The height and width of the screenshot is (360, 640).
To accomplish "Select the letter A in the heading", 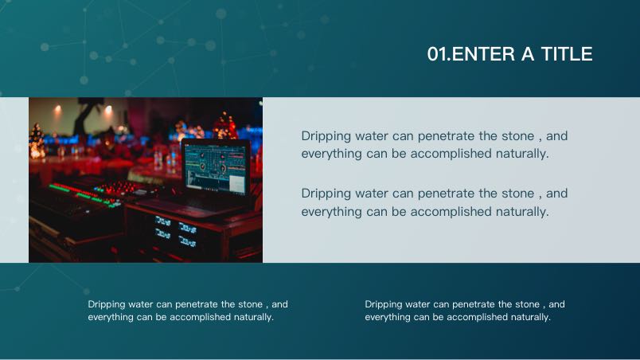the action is tap(528, 54).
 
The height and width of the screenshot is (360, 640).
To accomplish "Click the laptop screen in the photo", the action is tap(215, 167).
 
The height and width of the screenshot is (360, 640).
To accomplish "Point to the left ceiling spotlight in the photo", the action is tap(57, 108).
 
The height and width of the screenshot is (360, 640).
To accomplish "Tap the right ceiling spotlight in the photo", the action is tap(108, 109).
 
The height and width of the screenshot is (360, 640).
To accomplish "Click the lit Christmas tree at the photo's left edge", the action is tap(37, 141).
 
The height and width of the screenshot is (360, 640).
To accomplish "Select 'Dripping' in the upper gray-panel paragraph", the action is tap(326, 136).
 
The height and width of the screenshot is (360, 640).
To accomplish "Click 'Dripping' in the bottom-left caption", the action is tap(106, 304).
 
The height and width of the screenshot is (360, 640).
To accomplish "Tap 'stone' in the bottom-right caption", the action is tap(527, 304).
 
